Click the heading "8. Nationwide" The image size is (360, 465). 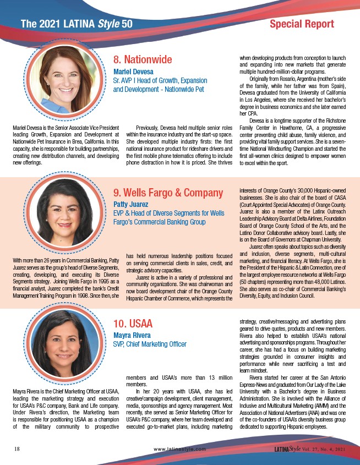(x=143, y=59)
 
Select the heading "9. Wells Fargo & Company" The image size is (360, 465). (x=168, y=193)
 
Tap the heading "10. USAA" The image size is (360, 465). (x=133, y=323)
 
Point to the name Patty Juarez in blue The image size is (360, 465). (x=131, y=204)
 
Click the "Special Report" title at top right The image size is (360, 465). (x=302, y=24)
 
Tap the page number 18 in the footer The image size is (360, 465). (x=17, y=448)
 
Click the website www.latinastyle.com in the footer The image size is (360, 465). (x=180, y=449)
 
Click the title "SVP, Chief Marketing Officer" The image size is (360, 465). (x=150, y=344)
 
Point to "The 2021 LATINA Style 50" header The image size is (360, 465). (x=76, y=24)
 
